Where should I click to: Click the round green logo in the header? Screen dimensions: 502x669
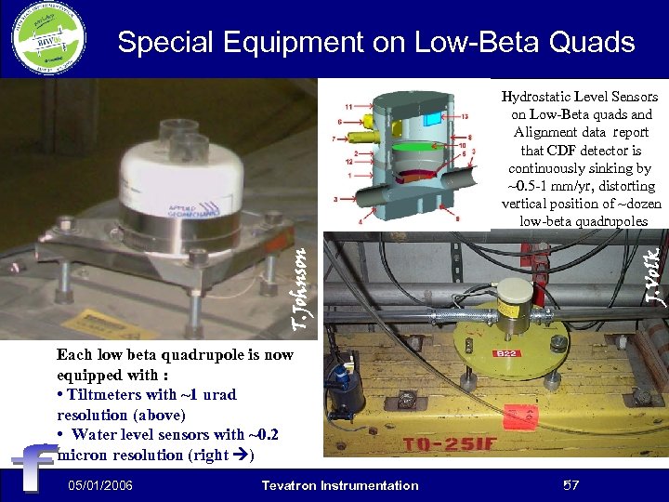(x=48, y=39)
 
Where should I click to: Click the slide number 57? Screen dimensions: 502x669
(x=571, y=485)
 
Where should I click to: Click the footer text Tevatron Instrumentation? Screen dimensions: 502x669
(x=340, y=485)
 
